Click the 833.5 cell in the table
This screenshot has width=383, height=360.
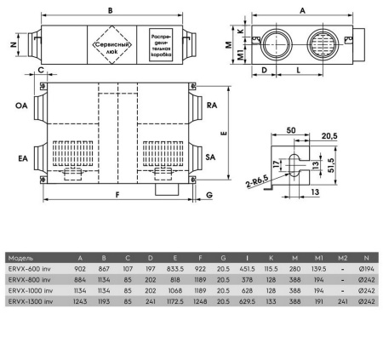pyautogui.click(x=176, y=268)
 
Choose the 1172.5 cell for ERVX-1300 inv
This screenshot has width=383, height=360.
pyautogui.click(x=176, y=301)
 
